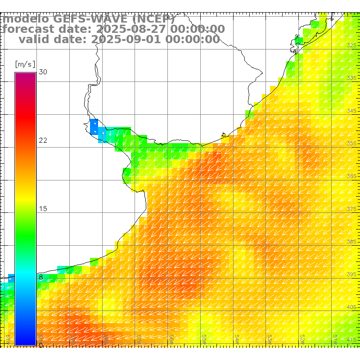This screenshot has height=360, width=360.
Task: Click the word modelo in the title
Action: point(26,19)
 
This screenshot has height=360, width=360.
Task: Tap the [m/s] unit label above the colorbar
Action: point(25,64)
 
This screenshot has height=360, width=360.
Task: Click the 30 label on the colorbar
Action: point(43,72)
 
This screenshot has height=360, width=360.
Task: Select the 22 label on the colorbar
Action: point(43,140)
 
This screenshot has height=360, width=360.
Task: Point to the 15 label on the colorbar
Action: point(43,209)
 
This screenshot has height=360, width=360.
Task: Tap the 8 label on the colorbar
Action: point(41,277)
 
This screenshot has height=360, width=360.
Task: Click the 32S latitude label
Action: point(352,45)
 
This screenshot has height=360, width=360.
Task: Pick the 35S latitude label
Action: point(352,143)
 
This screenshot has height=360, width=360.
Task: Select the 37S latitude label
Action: point(352,209)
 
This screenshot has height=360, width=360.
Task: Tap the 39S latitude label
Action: point(352,274)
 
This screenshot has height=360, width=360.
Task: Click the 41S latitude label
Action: point(352,339)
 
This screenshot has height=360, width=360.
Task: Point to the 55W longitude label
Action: point(204,337)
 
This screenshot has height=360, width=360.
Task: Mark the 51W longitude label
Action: point(336,337)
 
